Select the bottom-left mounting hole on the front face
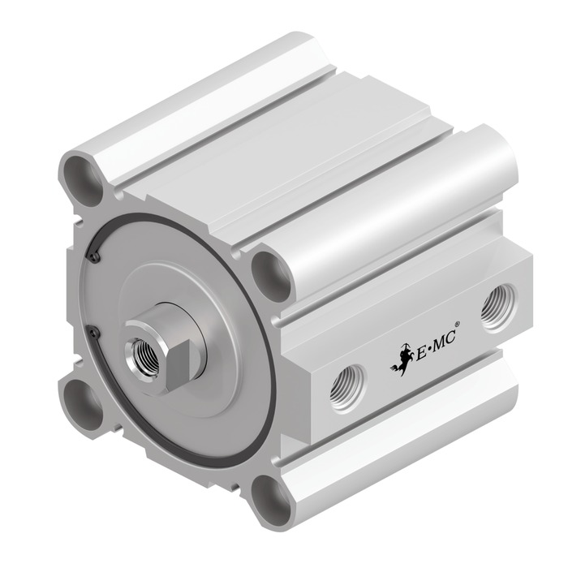(x=82, y=403)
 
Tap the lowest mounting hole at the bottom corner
(x=271, y=501)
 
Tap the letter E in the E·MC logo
(x=421, y=353)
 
